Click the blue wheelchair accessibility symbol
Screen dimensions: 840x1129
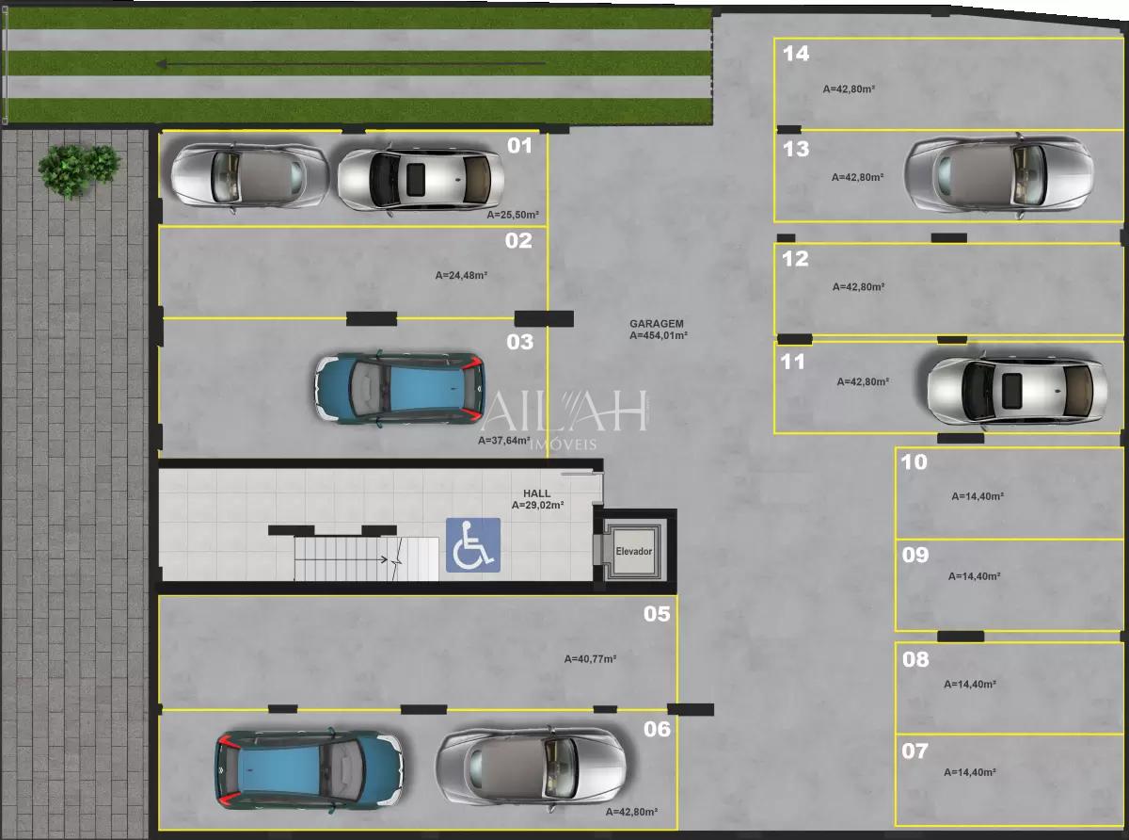pyautogui.click(x=473, y=545)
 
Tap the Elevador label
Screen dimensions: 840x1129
pyautogui.click(x=633, y=551)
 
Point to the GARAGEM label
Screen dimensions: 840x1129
pyautogui.click(x=657, y=324)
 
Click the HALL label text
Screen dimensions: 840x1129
pyautogui.click(x=537, y=493)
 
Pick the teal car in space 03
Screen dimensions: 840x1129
pyautogui.click(x=398, y=388)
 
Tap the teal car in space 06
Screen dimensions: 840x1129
pyautogui.click(x=309, y=768)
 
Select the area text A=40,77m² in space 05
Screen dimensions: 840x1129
pyautogui.click(x=590, y=659)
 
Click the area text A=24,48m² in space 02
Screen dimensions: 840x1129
pyautogui.click(x=461, y=276)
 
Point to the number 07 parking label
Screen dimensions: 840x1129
pyautogui.click(x=914, y=751)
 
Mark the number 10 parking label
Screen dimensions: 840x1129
pyautogui.click(x=914, y=462)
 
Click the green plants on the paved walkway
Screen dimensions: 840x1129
pyautogui.click(x=79, y=166)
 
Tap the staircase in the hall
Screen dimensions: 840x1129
pyautogui.click(x=366, y=559)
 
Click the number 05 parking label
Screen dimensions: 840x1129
pyautogui.click(x=657, y=614)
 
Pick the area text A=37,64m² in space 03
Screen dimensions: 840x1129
pyautogui.click(x=504, y=440)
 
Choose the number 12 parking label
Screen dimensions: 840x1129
pyautogui.click(x=796, y=259)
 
